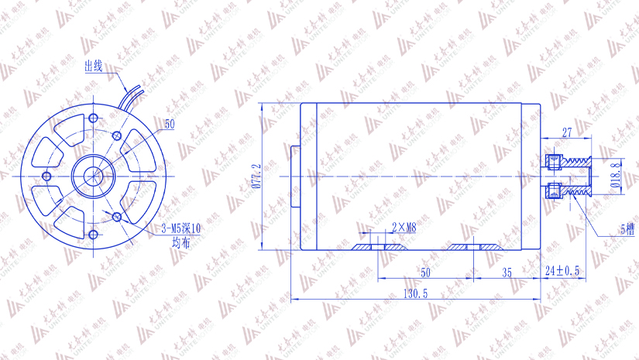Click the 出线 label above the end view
coord(93,66)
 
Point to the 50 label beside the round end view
coord(170,124)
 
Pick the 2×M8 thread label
coord(404,228)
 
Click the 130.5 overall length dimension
coord(416,294)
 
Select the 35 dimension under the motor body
coord(507,273)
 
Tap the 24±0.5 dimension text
coord(563,271)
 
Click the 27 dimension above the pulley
coord(566,132)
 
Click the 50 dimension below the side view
coord(424,273)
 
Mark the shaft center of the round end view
coord(94,177)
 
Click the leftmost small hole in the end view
coord(47,177)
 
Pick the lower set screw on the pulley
coord(552,190)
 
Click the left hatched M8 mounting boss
coord(380,247)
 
